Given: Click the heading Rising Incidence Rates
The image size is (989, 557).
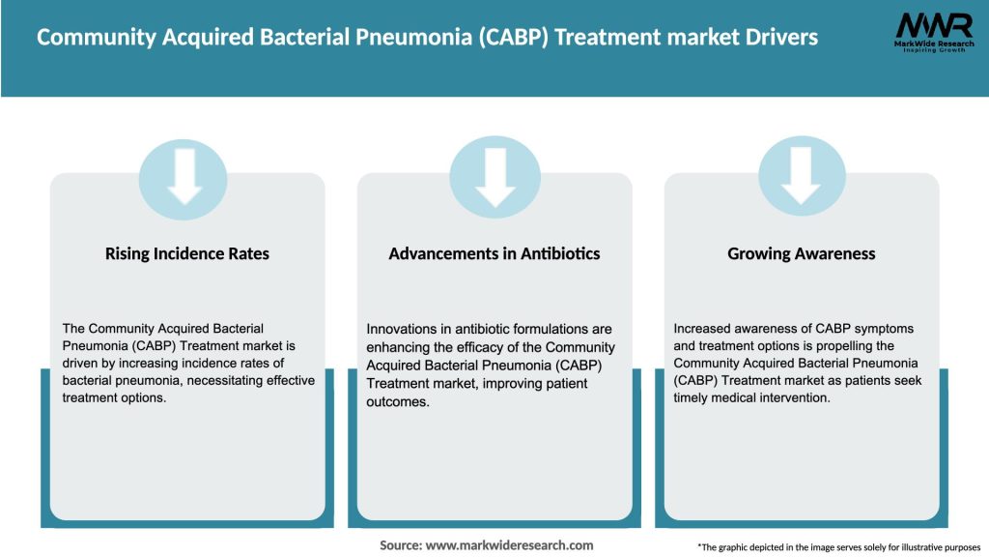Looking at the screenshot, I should click(186, 253).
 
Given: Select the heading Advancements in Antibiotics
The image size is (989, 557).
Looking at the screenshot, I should click(494, 253).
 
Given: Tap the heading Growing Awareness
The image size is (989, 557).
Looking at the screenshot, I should click(801, 253).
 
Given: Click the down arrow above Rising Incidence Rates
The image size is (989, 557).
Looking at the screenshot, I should click(184, 176).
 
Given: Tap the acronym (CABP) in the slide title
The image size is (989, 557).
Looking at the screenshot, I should click(511, 37).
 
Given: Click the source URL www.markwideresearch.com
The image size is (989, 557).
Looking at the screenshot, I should click(510, 545).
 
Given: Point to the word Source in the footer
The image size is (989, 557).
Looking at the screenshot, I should click(400, 545).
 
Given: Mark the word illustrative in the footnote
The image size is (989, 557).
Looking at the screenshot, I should click(887, 547).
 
